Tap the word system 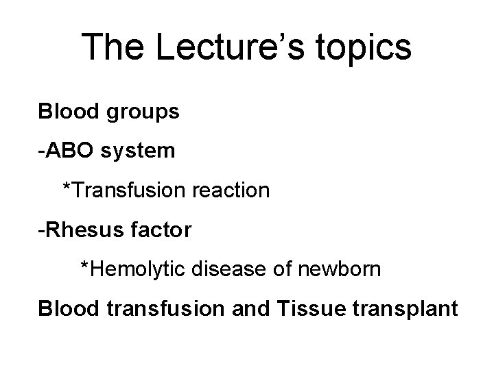[x=137, y=150]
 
